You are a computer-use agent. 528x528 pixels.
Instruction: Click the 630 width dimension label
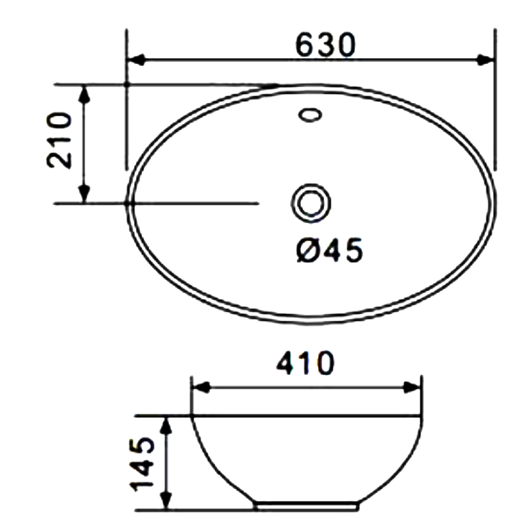(x=325, y=44)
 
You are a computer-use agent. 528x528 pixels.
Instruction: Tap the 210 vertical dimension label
(x=59, y=140)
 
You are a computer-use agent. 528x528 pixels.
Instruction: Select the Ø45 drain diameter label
(x=329, y=249)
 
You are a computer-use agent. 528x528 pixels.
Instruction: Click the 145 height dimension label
(x=141, y=465)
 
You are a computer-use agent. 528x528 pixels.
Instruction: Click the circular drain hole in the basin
(x=311, y=203)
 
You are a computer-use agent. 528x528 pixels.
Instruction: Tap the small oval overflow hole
(x=310, y=115)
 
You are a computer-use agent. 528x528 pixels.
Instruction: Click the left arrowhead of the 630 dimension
(x=136, y=60)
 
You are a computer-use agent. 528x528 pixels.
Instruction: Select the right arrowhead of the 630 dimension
(x=486, y=60)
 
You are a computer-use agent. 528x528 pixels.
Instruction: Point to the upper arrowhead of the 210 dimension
(x=84, y=94)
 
